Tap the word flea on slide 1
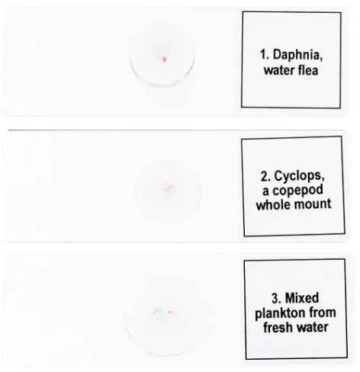pyautogui.click(x=307, y=70)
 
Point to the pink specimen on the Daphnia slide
pyautogui.click(x=165, y=59)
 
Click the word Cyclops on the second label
pyautogui.click(x=299, y=176)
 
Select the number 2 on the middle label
pyautogui.click(x=265, y=176)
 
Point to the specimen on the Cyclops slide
pyautogui.click(x=167, y=188)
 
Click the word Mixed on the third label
pyautogui.click(x=302, y=298)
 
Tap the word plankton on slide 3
pyautogui.click(x=280, y=313)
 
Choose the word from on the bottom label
pyautogui.click(x=323, y=313)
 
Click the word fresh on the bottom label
pyautogui.click(x=278, y=327)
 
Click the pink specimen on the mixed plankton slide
pyautogui.click(x=170, y=313)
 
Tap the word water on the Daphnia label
pyautogui.click(x=279, y=71)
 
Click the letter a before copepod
pyautogui.click(x=266, y=191)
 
